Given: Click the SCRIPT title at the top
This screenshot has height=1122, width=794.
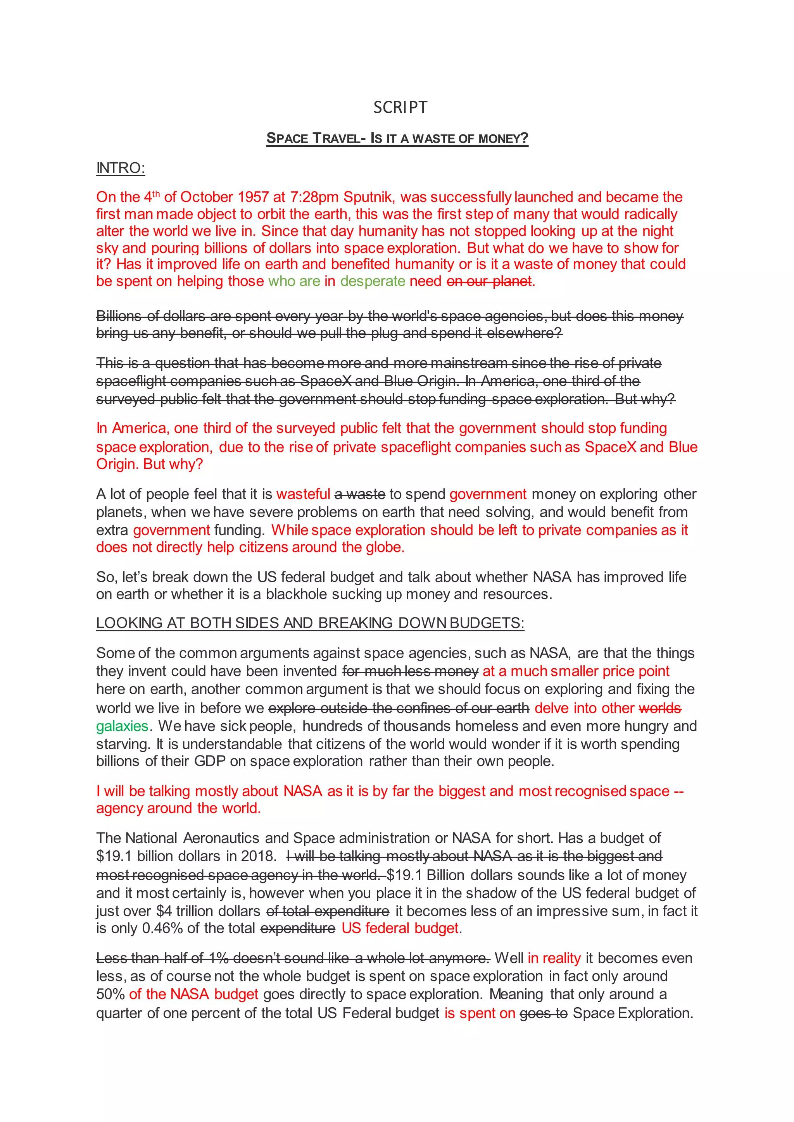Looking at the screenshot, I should coord(400,107).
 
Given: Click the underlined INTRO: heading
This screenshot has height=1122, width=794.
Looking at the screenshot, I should coord(120,168).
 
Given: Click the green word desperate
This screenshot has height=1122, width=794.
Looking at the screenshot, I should coord(373,282).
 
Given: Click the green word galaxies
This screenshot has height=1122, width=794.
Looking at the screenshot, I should coord(122,726).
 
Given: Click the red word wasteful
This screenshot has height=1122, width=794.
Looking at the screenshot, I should coord(303,494).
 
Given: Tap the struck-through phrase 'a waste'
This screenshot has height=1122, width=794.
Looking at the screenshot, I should coord(360,494).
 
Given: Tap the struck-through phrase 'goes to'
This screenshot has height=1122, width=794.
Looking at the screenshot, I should coord(543,1014).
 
